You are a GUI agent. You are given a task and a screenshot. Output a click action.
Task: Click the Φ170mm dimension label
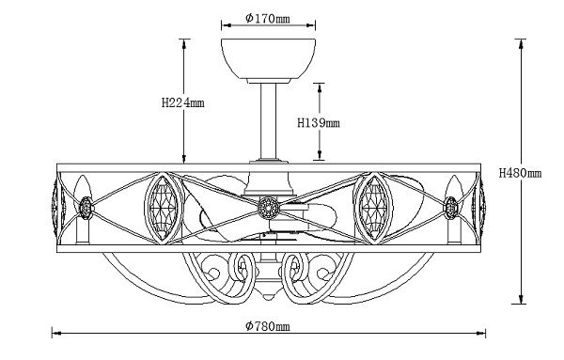click(x=268, y=18)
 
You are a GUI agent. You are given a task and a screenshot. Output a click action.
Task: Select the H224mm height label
click(x=182, y=102)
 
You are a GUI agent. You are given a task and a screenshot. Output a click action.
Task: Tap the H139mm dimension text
click(x=319, y=123)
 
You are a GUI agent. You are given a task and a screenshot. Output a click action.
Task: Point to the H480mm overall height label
click(x=520, y=173)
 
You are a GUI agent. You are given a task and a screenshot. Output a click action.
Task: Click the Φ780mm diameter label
click(x=268, y=326)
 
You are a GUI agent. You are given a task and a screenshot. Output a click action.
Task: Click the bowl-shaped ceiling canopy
click(x=268, y=60)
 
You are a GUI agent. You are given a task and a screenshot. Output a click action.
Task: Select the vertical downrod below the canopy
click(x=268, y=120)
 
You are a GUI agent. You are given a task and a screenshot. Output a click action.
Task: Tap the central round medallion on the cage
click(x=268, y=208)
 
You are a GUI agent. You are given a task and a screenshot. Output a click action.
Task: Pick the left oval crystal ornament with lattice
click(x=164, y=208)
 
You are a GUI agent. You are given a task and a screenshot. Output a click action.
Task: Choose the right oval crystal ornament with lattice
click(x=373, y=208)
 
